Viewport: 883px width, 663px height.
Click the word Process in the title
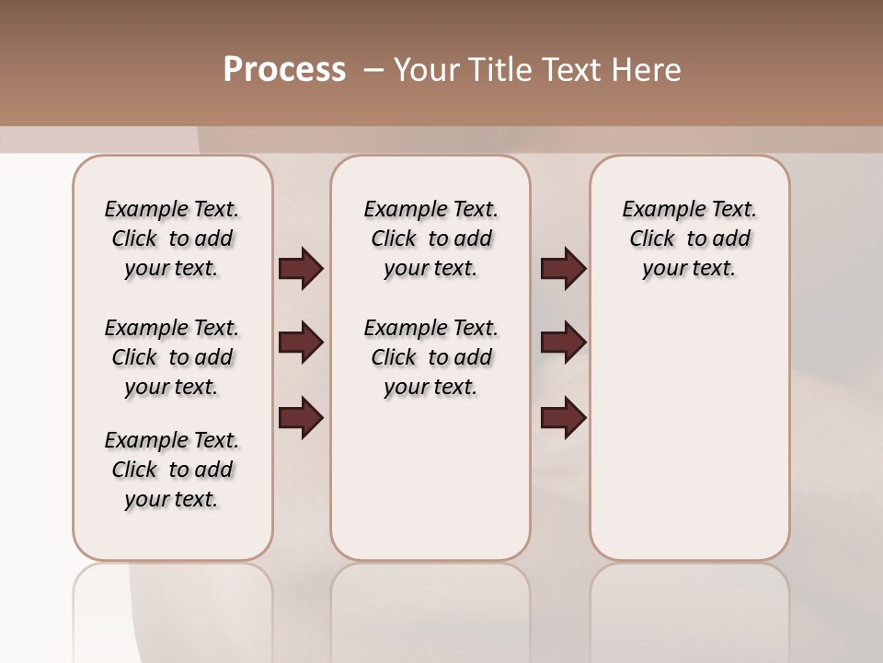pyautogui.click(x=284, y=70)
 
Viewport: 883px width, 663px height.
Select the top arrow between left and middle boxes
pyautogui.click(x=301, y=269)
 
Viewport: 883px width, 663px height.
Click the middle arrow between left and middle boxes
pyautogui.click(x=301, y=343)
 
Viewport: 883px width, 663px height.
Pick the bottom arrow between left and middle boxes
pyautogui.click(x=301, y=418)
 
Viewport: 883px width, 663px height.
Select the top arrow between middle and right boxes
pyautogui.click(x=563, y=269)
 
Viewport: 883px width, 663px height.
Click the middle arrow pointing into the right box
pyautogui.click(x=563, y=343)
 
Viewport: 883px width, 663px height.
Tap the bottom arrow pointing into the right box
pyautogui.click(x=563, y=418)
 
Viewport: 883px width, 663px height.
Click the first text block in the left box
pyautogui.click(x=172, y=238)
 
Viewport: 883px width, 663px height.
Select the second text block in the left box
pyautogui.click(x=172, y=357)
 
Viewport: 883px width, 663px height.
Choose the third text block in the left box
pyautogui.click(x=172, y=470)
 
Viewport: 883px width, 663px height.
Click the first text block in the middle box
pyautogui.click(x=430, y=238)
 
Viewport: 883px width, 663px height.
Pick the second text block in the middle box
pyautogui.click(x=430, y=357)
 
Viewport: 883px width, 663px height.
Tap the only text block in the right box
pyautogui.click(x=689, y=238)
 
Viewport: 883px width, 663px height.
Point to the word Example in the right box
pyautogui.click(x=654, y=210)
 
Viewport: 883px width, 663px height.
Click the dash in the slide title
pyautogui.click(x=373, y=70)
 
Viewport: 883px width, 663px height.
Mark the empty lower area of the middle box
pyautogui.click(x=430, y=479)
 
